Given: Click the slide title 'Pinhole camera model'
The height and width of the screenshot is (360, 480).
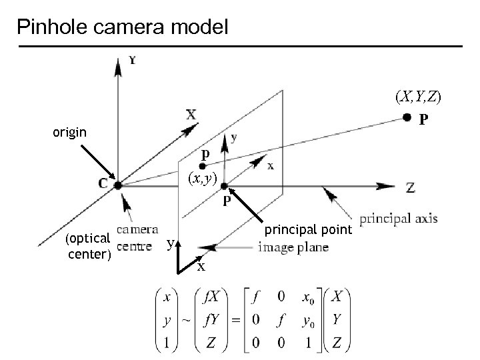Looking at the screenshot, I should point(123,27).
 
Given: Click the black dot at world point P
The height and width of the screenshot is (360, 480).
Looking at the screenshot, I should point(407,118).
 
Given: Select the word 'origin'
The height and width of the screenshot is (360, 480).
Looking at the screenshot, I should point(70,132).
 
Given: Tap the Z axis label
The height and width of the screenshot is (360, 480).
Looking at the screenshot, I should point(410,188).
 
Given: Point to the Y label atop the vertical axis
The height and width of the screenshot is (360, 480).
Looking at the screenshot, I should point(133,61).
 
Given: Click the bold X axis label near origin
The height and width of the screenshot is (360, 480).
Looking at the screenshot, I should point(191,115).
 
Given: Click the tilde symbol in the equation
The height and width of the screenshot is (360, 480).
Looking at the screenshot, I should point(186,321).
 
